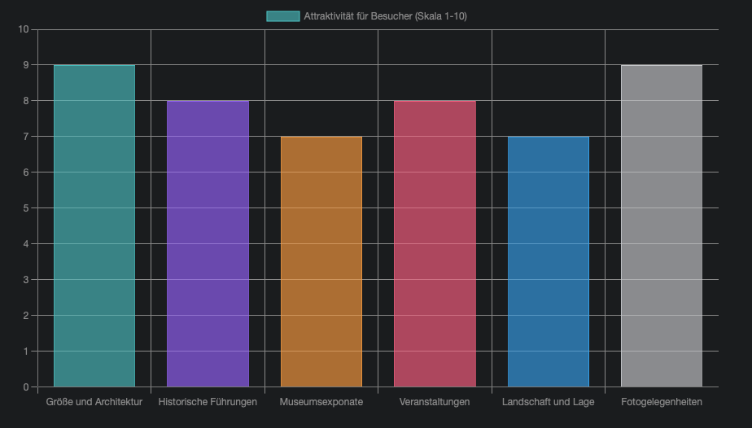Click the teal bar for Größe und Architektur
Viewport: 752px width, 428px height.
94,225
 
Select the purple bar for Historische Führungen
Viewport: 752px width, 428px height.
208,243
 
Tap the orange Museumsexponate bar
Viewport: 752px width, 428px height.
321,261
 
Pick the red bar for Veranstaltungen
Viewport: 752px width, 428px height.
435,243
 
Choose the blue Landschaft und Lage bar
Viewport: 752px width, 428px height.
549,261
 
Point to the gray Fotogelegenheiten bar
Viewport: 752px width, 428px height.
662,225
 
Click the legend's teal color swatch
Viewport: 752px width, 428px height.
282,16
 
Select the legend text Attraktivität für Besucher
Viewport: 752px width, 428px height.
385,16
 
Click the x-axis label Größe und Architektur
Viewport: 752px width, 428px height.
94,402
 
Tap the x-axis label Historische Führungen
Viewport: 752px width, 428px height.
208,402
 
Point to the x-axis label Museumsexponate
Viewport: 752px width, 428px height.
321,402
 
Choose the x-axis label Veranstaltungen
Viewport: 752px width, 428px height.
435,402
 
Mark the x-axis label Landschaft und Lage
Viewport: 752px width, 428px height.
549,402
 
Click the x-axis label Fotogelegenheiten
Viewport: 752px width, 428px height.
662,402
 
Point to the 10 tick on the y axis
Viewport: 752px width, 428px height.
23,29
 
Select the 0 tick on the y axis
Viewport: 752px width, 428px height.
25,387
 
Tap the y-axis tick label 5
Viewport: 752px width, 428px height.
25,208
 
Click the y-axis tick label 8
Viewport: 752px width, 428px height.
25,101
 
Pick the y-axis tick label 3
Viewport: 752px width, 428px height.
25,280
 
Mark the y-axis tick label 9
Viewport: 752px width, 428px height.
25,65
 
